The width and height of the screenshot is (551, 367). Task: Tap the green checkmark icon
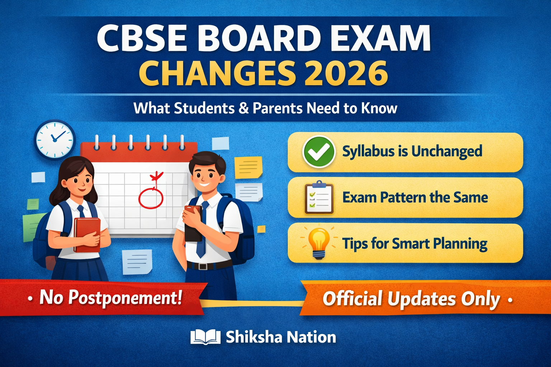coord(319,152)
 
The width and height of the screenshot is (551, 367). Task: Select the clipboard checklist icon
coord(319,198)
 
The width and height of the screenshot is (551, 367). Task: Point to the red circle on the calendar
coord(151,197)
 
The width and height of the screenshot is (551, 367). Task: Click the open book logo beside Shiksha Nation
coord(205,337)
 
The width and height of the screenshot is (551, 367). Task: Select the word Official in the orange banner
coord(352,299)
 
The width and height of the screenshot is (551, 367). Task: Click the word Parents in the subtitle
coord(277,108)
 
